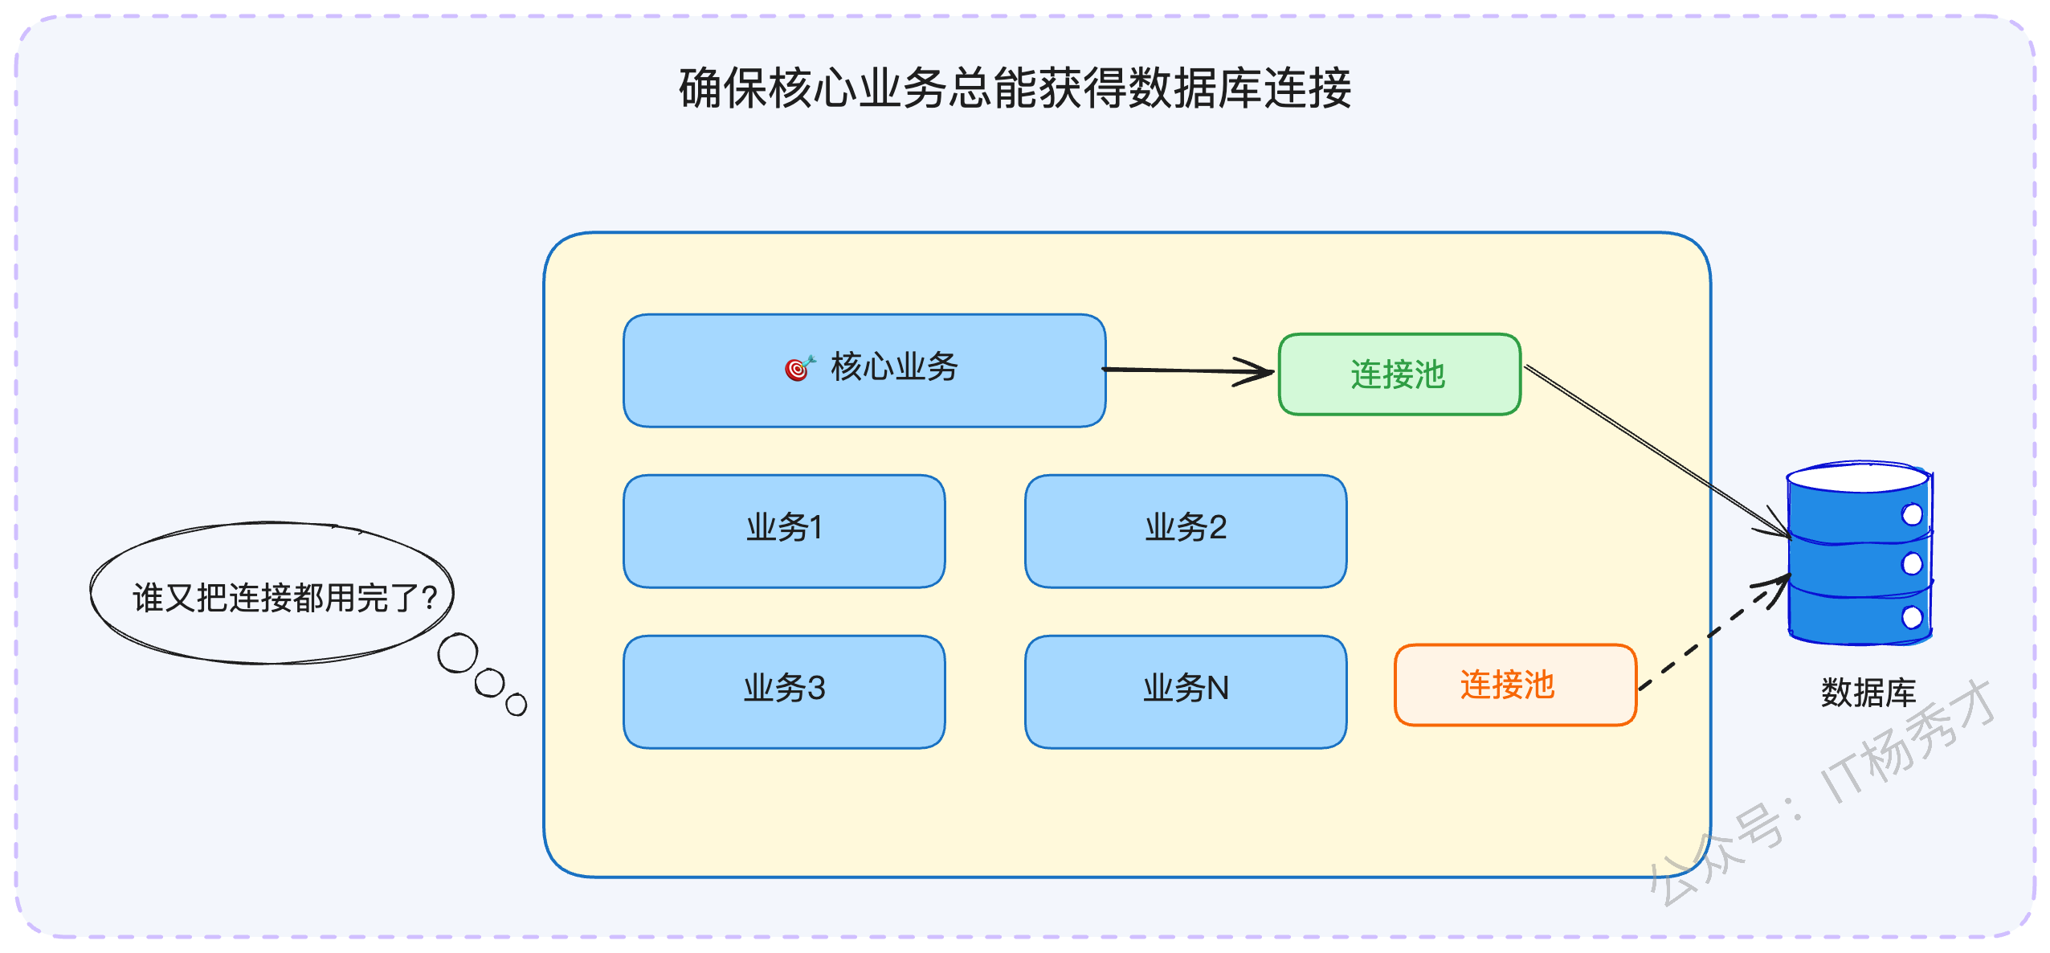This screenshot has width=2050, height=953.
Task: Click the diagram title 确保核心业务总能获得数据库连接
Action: (x=1015, y=88)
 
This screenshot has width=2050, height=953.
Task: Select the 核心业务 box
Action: (x=864, y=370)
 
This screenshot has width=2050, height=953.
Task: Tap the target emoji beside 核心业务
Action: (x=799, y=367)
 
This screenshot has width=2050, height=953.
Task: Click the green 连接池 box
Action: (x=1399, y=374)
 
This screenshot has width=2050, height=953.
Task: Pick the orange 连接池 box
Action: (x=1516, y=685)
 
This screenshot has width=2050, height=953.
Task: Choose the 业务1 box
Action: (x=784, y=531)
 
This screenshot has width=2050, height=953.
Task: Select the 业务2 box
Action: (x=1186, y=531)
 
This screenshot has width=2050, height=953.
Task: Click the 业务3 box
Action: (x=784, y=692)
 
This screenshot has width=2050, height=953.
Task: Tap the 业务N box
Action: (x=1186, y=692)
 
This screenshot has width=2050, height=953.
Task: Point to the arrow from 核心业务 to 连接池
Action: (x=1188, y=370)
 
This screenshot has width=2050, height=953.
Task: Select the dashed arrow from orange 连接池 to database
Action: (x=1715, y=632)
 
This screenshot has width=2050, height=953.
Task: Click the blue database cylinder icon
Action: (x=1860, y=553)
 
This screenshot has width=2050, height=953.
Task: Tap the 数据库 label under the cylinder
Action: (x=1868, y=693)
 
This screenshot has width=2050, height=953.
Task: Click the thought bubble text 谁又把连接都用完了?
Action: (x=285, y=598)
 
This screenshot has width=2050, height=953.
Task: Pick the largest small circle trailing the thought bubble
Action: (x=458, y=653)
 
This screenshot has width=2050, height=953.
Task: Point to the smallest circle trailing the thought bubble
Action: (x=517, y=705)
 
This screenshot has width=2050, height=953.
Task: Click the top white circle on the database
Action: (x=1913, y=514)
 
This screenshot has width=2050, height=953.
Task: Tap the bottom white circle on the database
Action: (x=1913, y=617)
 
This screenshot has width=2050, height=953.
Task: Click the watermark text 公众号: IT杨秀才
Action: (x=1822, y=792)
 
